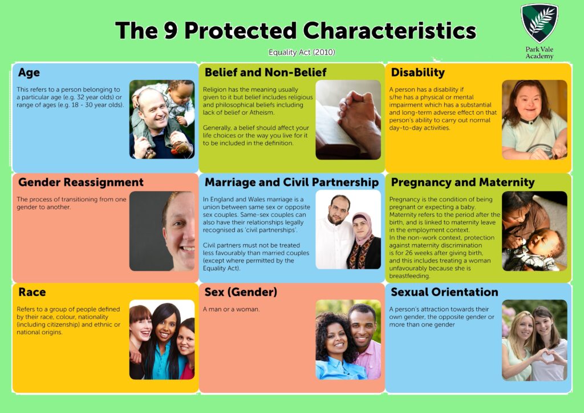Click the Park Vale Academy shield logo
(x=539, y=23)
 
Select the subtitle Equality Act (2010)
(x=302, y=52)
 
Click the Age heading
(x=29, y=73)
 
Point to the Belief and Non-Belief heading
(x=265, y=72)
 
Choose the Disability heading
(x=417, y=72)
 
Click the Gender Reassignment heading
(x=80, y=183)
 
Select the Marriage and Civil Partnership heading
(x=291, y=183)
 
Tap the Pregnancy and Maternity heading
(x=463, y=183)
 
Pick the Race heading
(x=32, y=292)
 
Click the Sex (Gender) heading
(x=241, y=292)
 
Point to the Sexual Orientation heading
(x=444, y=292)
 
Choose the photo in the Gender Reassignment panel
(x=162, y=231)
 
